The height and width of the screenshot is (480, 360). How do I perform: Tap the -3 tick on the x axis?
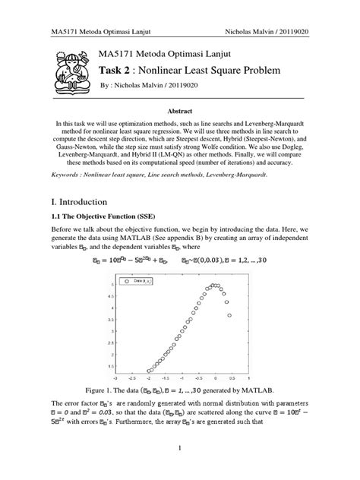tap(115, 375)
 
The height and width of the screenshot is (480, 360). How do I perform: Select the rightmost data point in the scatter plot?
tap(229, 314)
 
